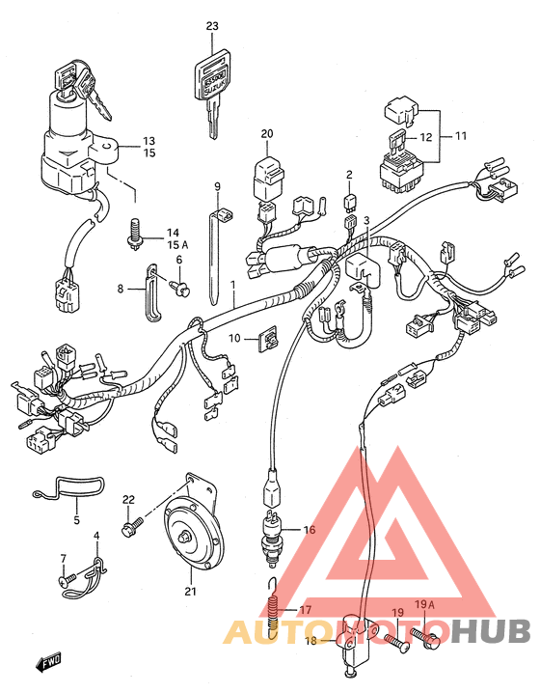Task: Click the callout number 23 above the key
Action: coord(212,26)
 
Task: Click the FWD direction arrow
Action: coord(48,661)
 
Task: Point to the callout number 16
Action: coord(310,529)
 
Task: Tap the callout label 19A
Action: coord(424,604)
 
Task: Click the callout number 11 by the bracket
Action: coord(461,135)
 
